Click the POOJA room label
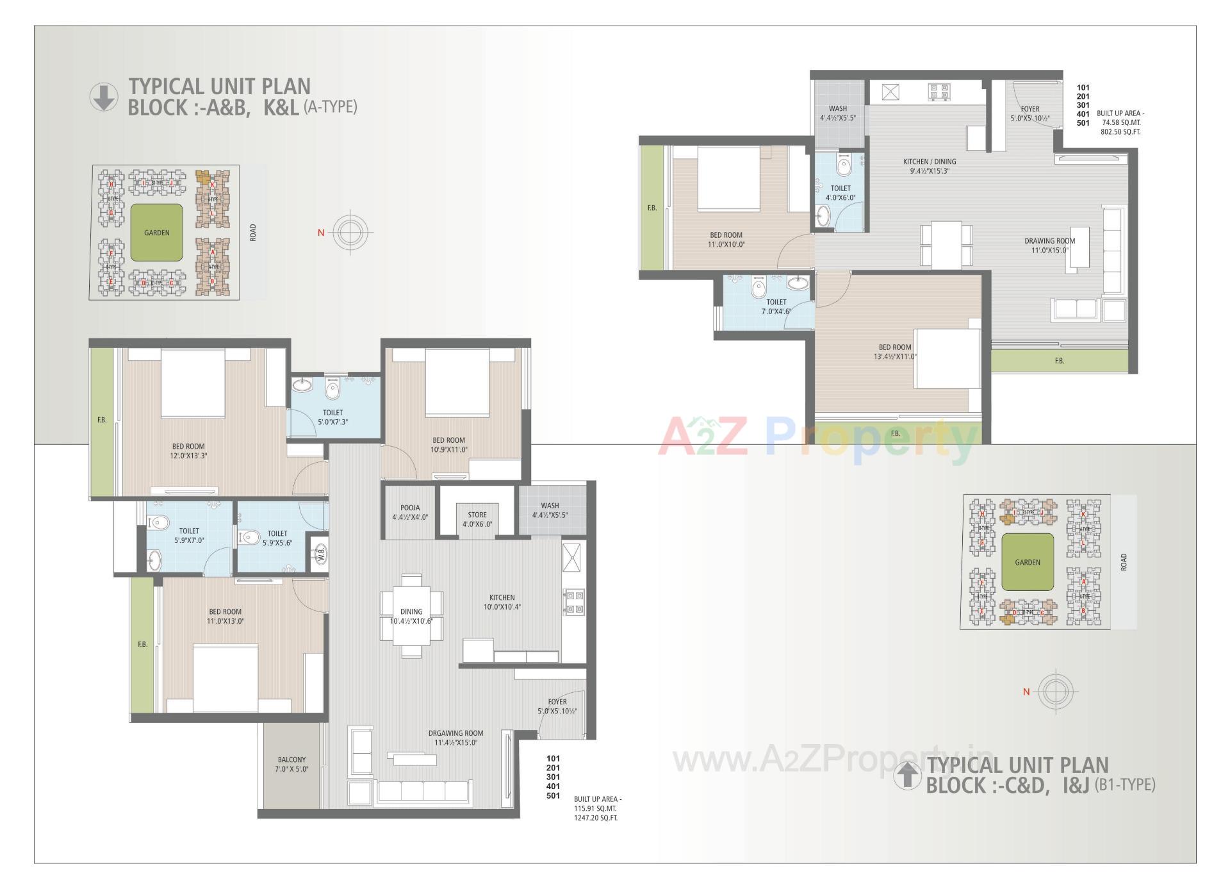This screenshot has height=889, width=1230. click(x=410, y=512)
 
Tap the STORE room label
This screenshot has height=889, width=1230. click(x=477, y=519)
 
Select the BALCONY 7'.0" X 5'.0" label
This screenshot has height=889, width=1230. click(x=292, y=764)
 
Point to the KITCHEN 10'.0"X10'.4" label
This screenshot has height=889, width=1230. click(x=502, y=602)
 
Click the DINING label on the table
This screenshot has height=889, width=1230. click(x=411, y=611)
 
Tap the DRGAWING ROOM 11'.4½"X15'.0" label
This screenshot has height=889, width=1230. click(x=455, y=738)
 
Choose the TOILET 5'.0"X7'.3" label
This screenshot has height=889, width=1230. click(x=332, y=417)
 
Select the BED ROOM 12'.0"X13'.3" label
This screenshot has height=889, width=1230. click(x=188, y=451)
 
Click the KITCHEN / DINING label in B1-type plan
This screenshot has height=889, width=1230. click(x=930, y=166)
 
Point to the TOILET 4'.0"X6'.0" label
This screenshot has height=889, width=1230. click(x=840, y=193)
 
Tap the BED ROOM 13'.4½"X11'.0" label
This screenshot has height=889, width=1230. click(x=894, y=352)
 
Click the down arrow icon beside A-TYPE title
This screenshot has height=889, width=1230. click(x=104, y=97)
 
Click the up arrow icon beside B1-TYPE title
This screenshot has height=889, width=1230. click(x=906, y=775)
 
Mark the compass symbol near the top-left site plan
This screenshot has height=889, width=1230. click(x=350, y=232)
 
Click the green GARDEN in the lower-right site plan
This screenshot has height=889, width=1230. click(x=1028, y=562)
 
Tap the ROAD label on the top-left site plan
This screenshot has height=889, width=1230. click(x=252, y=232)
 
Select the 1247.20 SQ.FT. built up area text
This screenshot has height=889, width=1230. click(x=596, y=818)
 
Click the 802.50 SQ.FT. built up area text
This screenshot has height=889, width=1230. click(x=1120, y=131)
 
